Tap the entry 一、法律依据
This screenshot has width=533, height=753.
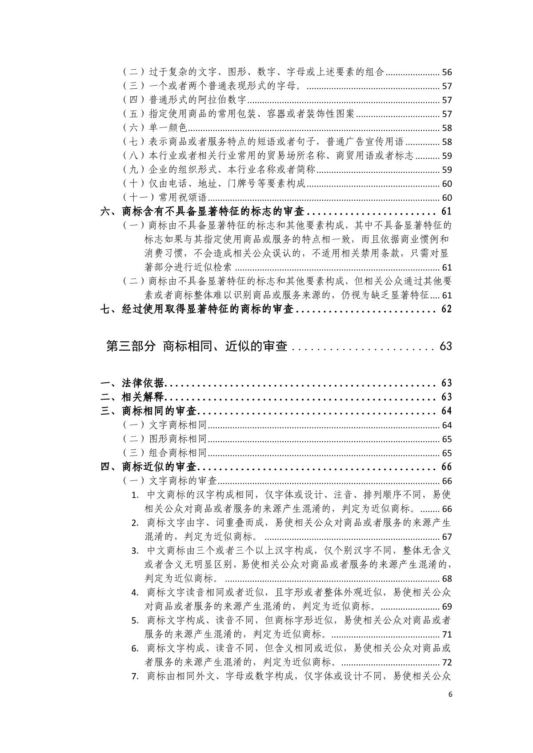[x=132, y=383]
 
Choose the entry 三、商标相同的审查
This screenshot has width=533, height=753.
[x=150, y=411]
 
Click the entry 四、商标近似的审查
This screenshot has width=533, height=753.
[x=150, y=467]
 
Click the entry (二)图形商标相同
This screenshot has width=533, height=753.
[x=165, y=439]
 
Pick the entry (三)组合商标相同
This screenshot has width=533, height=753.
[x=165, y=453]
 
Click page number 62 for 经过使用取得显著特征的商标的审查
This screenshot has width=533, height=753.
[x=446, y=309]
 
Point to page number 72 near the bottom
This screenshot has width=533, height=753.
[x=447, y=662]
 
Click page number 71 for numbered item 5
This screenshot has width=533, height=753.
[x=447, y=634]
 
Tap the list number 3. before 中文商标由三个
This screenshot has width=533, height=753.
[x=135, y=551]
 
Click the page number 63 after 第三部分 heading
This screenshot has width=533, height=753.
[x=445, y=346]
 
